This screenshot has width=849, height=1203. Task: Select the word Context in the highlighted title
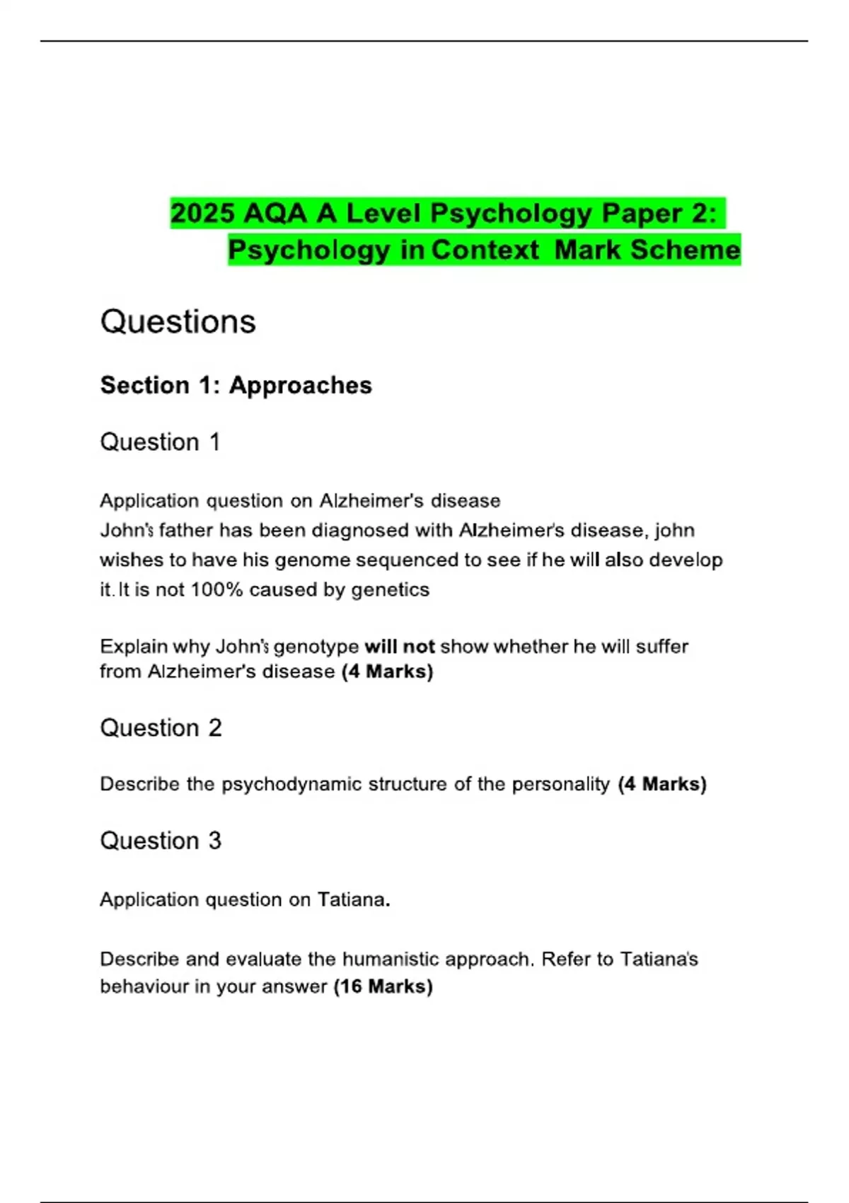[x=485, y=250]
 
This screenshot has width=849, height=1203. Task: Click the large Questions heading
[x=178, y=322]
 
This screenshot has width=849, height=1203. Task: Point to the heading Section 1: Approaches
[x=236, y=385]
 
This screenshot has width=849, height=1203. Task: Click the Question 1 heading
[x=160, y=442]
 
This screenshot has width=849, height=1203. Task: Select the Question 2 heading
[x=161, y=728]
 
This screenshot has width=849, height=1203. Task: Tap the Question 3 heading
[x=161, y=841]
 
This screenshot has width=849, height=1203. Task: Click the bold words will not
[x=400, y=646]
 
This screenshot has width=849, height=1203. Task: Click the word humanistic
[x=387, y=959]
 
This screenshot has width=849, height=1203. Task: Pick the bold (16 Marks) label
[x=383, y=986]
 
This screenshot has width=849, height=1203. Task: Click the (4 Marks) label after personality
[x=662, y=784]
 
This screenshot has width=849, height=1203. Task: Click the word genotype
[x=316, y=647]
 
